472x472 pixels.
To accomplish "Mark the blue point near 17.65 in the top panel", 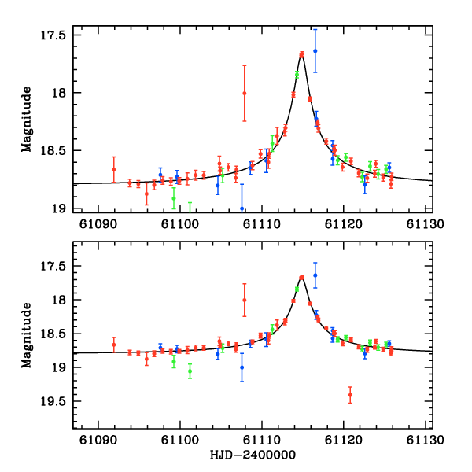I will [x=315, y=51].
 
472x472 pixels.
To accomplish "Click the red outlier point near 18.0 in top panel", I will [x=245, y=93].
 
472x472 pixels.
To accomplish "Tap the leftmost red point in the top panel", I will [x=114, y=169].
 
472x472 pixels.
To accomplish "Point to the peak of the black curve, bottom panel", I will [x=302, y=277].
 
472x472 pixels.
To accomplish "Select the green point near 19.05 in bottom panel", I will [x=190, y=371].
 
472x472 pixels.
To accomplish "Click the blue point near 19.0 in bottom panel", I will [x=242, y=367].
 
